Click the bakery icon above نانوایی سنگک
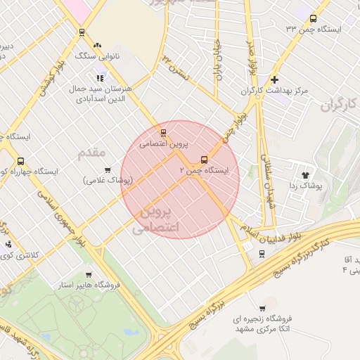(x=82, y=32)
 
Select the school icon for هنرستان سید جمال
(x=100, y=77)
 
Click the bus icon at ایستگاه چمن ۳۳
(x=313, y=20)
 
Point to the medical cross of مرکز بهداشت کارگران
(x=274, y=80)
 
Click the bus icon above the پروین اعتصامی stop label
(x=164, y=132)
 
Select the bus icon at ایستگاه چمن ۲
(x=205, y=160)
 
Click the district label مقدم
(x=91, y=152)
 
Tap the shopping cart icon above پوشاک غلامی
(x=108, y=169)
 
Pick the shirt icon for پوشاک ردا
(x=305, y=174)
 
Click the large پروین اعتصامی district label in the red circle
(x=156, y=219)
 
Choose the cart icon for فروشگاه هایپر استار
(x=89, y=274)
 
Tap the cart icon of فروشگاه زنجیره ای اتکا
(x=262, y=308)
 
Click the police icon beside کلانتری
(x=8, y=245)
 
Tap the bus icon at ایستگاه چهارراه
(x=20, y=160)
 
